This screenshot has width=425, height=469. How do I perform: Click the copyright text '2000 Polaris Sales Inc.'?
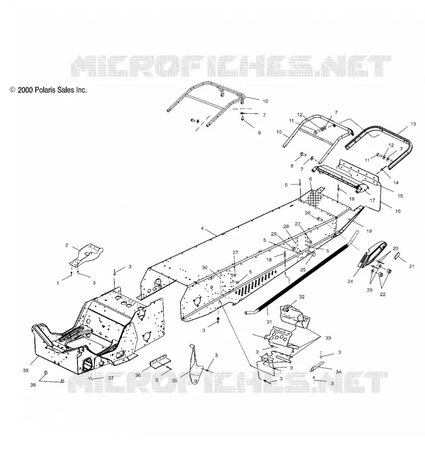[x=52, y=90]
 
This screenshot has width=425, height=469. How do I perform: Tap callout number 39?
[x=26, y=371]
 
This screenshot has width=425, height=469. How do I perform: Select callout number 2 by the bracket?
[x=67, y=245]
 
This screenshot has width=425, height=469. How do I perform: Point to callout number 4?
[x=202, y=228]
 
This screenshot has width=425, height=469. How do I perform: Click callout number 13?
[x=413, y=124]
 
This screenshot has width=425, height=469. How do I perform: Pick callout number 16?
[x=398, y=211]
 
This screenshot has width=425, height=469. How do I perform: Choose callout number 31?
[x=269, y=322]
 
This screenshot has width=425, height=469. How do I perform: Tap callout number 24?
[x=350, y=281]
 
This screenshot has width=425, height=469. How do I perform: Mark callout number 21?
[x=412, y=266]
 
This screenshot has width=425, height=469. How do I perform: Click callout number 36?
[x=138, y=375]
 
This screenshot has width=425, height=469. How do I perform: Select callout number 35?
[x=174, y=380]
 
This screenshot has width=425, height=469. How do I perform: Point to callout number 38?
[x=33, y=385]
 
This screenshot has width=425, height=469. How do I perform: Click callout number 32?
[x=302, y=297]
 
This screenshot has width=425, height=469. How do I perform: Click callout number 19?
[x=369, y=231]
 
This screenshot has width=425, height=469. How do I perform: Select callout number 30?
[x=204, y=267]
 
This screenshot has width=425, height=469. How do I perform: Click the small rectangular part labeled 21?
[x=397, y=255]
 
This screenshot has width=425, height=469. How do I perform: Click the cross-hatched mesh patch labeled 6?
[x=315, y=197]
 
